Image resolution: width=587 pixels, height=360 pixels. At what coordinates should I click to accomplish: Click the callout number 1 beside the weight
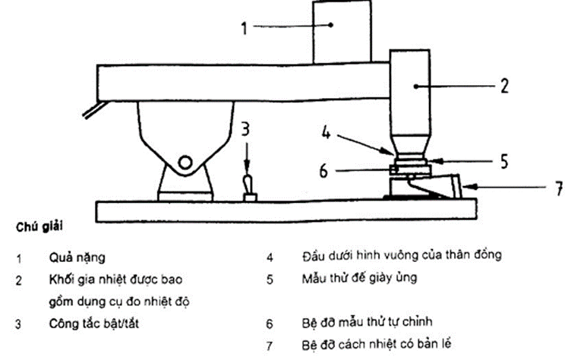(245, 30)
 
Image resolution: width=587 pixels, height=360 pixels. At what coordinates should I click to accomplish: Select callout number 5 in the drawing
(503, 161)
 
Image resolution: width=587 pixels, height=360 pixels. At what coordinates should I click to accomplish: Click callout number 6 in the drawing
(324, 172)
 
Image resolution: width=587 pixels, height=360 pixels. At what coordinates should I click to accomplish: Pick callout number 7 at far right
(560, 188)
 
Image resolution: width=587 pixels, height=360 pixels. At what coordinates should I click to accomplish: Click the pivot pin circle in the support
(185, 161)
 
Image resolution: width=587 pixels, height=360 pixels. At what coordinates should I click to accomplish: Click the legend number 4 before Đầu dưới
(270, 257)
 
